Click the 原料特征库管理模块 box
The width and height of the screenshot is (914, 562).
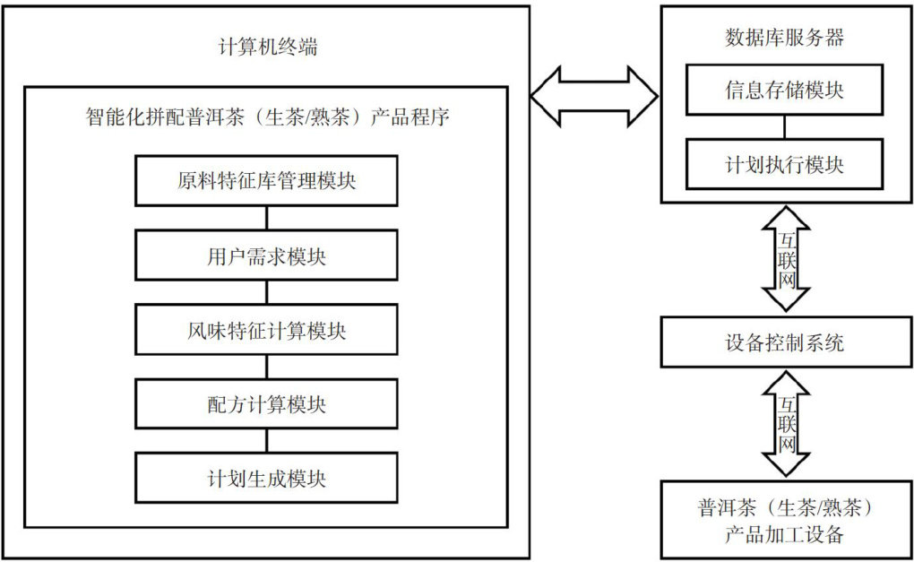point(266,180)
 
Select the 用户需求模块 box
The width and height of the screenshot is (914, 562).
point(266,255)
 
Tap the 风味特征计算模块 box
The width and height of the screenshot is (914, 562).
point(266,330)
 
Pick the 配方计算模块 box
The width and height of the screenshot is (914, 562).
point(266,404)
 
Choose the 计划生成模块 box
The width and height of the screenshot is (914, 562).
point(266,479)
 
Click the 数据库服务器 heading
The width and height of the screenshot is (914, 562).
point(784,38)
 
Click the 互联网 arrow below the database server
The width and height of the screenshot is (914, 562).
point(786,258)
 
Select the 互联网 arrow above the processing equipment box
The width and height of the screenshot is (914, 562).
point(786,424)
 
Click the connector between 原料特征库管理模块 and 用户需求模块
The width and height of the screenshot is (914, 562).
point(266,218)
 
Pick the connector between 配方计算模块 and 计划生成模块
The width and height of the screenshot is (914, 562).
point(266,441)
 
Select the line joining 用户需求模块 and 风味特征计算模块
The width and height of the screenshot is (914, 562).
point(266,292)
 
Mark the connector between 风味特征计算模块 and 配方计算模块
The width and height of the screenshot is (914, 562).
point(266,367)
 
